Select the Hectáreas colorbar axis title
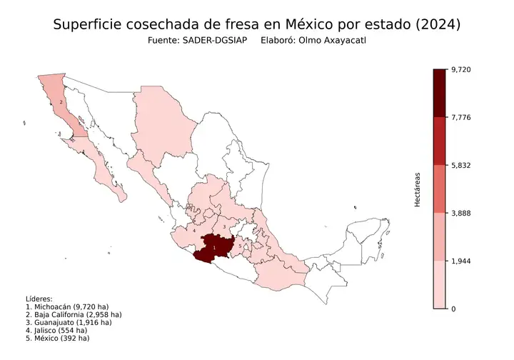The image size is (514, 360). click(418, 189)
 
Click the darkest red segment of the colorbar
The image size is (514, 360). click(440, 93)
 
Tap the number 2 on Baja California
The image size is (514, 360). click(61, 102)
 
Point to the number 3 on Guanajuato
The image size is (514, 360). click(225, 227)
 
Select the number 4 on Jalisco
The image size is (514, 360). click(195, 231)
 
